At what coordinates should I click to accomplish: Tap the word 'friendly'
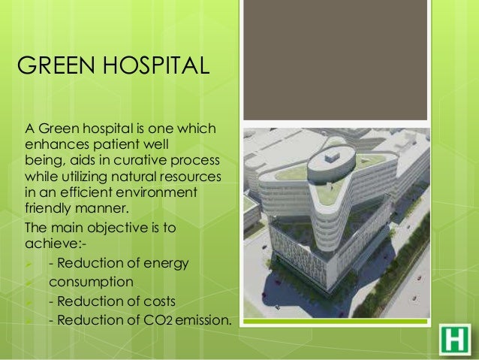coord(50,207)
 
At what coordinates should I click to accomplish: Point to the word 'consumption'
coord(92,282)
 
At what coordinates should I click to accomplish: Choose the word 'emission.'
coord(203,321)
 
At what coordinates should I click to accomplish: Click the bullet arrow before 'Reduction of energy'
coord(29,263)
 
